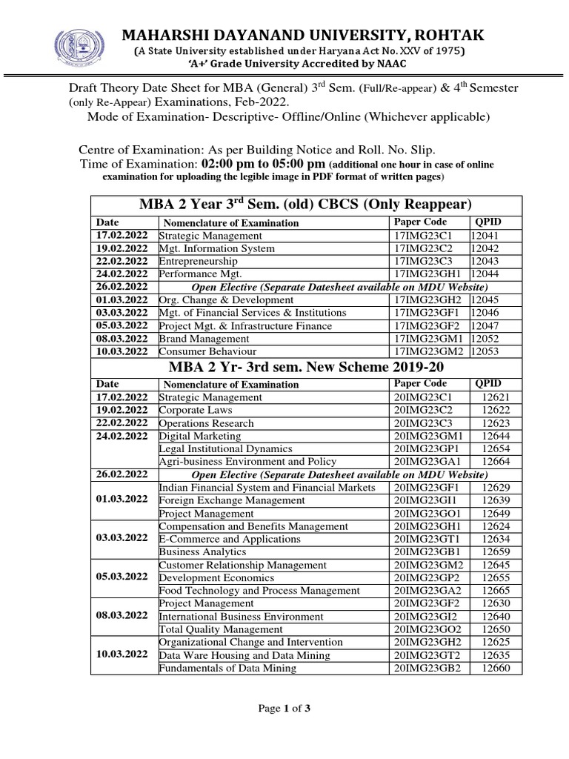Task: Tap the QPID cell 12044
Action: pyautogui.click(x=487, y=274)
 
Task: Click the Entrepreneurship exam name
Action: pyautogui.click(x=199, y=261)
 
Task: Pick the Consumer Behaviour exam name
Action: pyautogui.click(x=208, y=351)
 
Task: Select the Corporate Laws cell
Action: pyautogui.click(x=196, y=410)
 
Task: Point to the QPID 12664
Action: pyautogui.click(x=496, y=462)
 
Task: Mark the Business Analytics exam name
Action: pyautogui.click(x=203, y=552)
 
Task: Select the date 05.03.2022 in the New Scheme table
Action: pyautogui.click(x=122, y=577)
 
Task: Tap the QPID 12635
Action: pyautogui.click(x=496, y=655)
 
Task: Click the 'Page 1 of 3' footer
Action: pyautogui.click(x=284, y=709)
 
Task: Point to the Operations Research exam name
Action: pyautogui.click(x=207, y=423)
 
